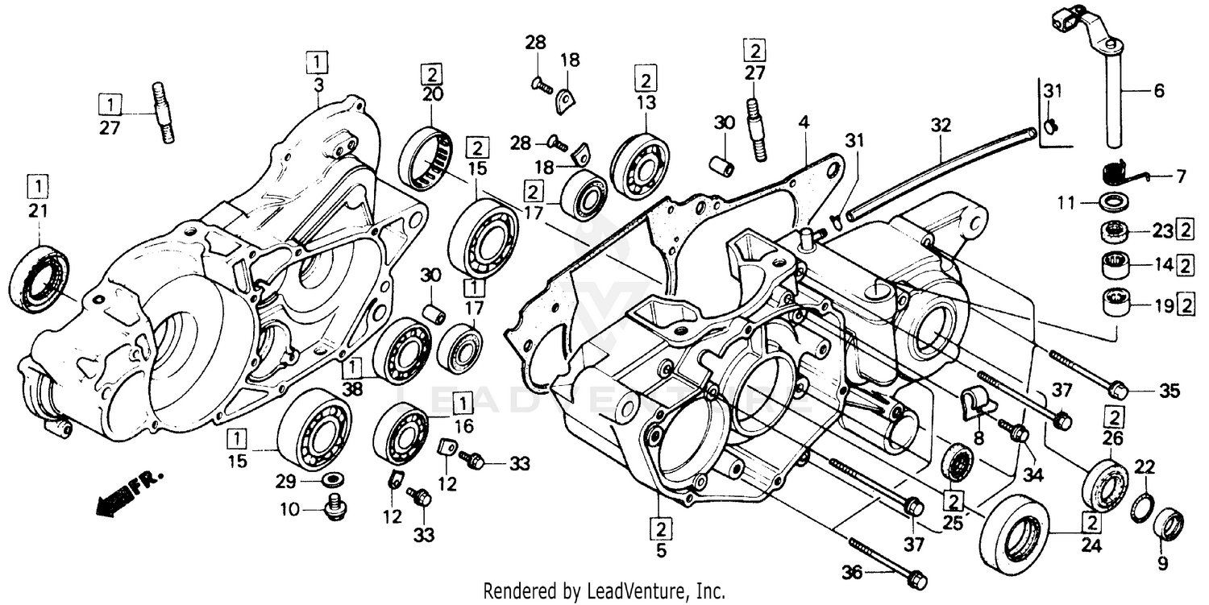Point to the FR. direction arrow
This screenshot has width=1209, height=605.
pyautogui.click(x=127, y=493)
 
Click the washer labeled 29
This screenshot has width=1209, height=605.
pyautogui.click(x=330, y=481)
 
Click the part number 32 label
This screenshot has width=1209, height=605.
pyautogui.click(x=941, y=126)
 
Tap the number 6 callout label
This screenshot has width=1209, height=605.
pyautogui.click(x=1158, y=91)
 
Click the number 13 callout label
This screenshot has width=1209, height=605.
pyautogui.click(x=645, y=103)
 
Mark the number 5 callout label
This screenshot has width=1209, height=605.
pyautogui.click(x=659, y=553)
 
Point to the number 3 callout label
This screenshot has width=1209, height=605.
pyautogui.click(x=318, y=83)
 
